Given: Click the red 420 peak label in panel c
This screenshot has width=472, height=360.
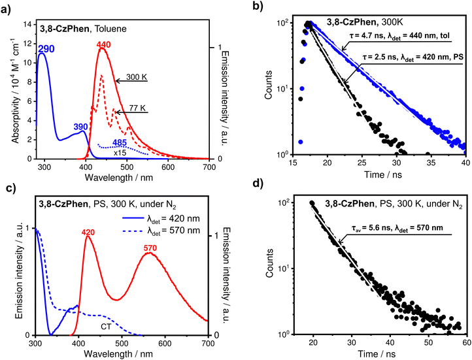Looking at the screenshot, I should (88, 231).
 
